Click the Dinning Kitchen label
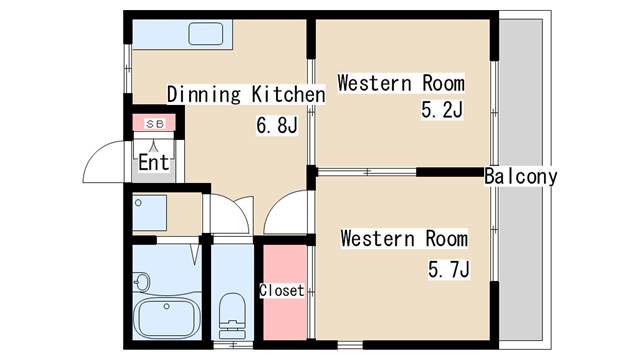point(246,94)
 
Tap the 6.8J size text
point(277,125)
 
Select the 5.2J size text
point(442,110)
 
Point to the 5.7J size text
point(449,269)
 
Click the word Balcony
point(520,177)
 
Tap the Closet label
point(282,291)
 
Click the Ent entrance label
point(153,162)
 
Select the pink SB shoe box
point(154,122)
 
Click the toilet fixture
point(233,316)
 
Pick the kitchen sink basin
point(206,33)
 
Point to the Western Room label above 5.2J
point(401,83)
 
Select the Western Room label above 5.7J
point(404,238)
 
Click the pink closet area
point(285,292)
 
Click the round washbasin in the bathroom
point(141,282)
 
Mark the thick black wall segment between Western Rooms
point(450,172)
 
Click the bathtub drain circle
point(167,306)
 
